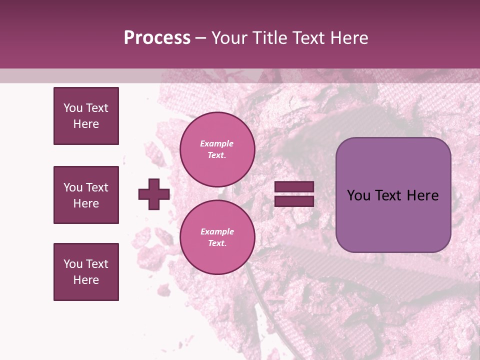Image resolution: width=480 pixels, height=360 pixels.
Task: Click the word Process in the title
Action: pyautogui.click(x=157, y=38)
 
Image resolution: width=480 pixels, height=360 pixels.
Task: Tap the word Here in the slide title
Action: pyautogui.click(x=348, y=38)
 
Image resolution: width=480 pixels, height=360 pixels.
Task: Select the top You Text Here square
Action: pyautogui.click(x=86, y=116)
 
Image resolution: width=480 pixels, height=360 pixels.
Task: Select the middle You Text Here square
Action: pyautogui.click(x=86, y=195)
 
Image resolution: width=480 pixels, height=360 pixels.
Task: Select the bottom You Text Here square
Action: pyautogui.click(x=86, y=272)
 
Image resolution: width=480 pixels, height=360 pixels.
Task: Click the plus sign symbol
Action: pyautogui.click(x=154, y=194)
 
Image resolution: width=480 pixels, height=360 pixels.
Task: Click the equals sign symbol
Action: pyautogui.click(x=294, y=194)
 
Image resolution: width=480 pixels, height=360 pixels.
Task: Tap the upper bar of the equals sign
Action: pyautogui.click(x=294, y=187)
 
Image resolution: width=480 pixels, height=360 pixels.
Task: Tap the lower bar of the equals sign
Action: pyautogui.click(x=294, y=201)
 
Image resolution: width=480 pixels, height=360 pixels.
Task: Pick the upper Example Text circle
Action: pyautogui.click(x=217, y=149)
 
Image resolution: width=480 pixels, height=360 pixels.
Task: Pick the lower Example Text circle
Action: pyautogui.click(x=217, y=237)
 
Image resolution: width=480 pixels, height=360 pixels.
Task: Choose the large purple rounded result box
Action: pyautogui.click(x=393, y=195)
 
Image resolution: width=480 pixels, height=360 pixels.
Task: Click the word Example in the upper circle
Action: pyautogui.click(x=217, y=144)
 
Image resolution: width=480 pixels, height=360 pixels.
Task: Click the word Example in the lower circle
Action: pyautogui.click(x=217, y=232)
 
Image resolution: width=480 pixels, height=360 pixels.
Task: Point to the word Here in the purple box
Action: pyautogui.click(x=422, y=195)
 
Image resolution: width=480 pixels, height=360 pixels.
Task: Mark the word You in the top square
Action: pyautogui.click(x=72, y=108)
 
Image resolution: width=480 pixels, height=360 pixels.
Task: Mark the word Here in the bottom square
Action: pyautogui.click(x=86, y=280)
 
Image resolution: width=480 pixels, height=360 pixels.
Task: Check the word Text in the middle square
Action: pyautogui.click(x=97, y=187)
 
